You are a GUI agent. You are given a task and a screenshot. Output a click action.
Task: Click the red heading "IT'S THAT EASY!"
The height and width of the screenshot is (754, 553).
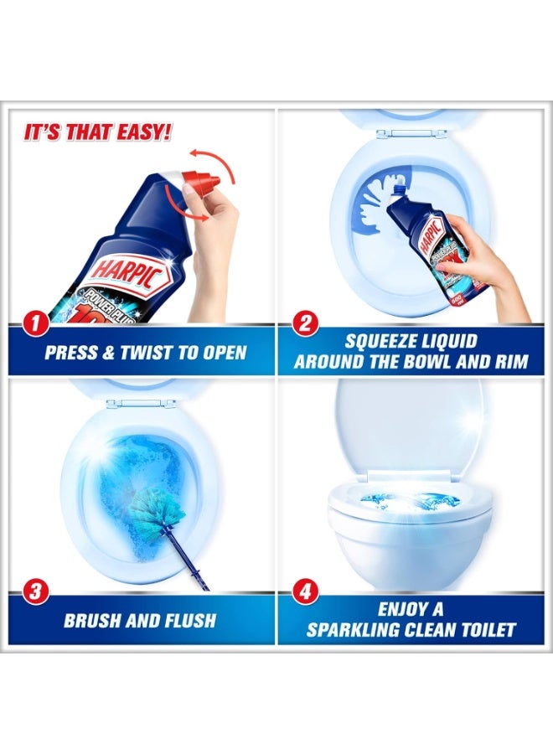[99, 132]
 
